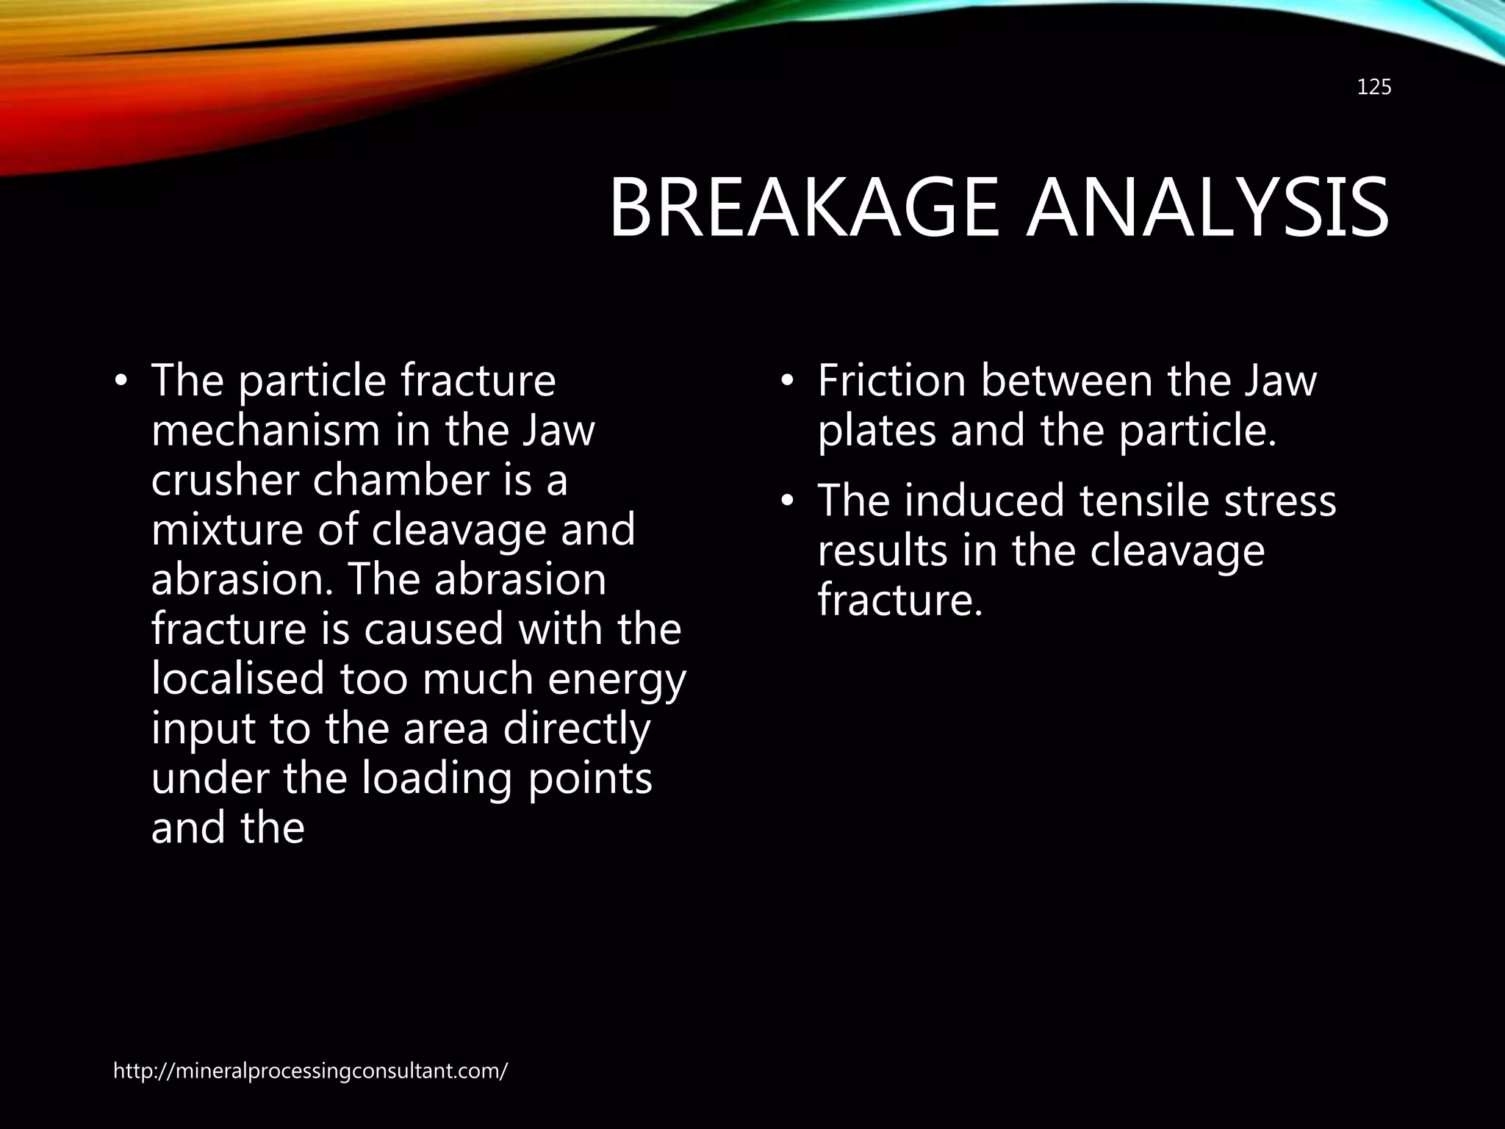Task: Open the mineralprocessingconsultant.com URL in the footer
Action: (310, 1071)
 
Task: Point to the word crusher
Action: (225, 480)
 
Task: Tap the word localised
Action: (237, 678)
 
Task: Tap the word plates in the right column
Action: (876, 431)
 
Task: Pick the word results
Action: (883, 551)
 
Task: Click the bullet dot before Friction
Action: (787, 382)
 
